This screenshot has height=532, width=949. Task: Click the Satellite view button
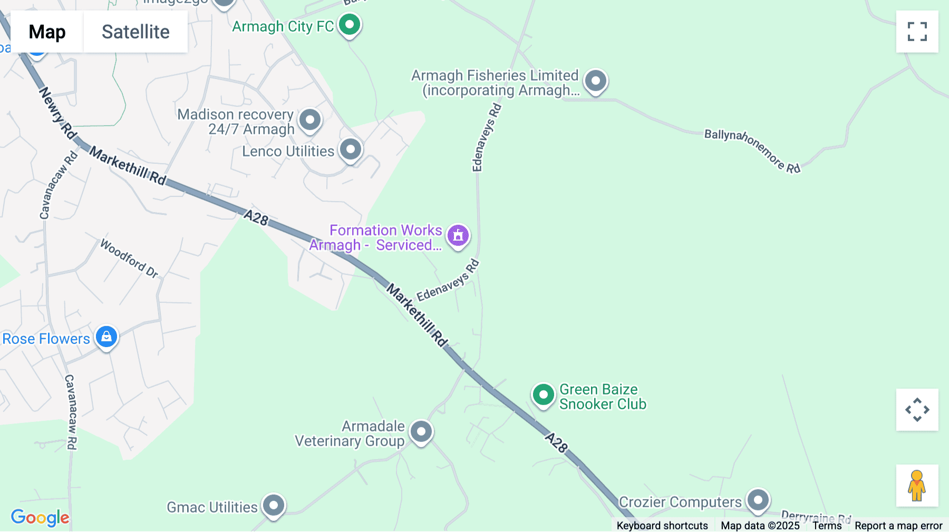coord(135,32)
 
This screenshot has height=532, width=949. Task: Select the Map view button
coord(47,32)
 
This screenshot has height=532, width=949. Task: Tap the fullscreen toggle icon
coord(917,32)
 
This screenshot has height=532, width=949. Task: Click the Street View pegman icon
coord(917,486)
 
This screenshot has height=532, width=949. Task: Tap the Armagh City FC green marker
coord(349,24)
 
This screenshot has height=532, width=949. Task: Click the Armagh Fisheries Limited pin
coord(596,81)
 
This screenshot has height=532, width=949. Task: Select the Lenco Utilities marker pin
coord(351,150)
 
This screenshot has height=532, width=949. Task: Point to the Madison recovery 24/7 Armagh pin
coord(310,120)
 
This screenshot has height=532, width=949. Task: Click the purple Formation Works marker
coord(458,235)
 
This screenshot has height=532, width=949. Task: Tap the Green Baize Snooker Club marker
coord(543,395)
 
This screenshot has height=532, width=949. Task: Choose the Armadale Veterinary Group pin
coord(421,432)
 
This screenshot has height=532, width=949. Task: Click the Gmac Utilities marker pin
coord(274,506)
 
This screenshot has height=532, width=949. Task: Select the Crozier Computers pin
coord(758,499)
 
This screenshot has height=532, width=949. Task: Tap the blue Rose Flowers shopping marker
coord(106,337)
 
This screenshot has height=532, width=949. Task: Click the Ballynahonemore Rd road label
coord(752,151)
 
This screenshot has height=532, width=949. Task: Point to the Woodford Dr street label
coord(129,258)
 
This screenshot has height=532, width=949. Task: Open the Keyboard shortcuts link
coord(662,525)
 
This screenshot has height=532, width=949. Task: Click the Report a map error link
coord(898,525)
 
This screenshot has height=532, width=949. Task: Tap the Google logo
coord(40,517)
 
